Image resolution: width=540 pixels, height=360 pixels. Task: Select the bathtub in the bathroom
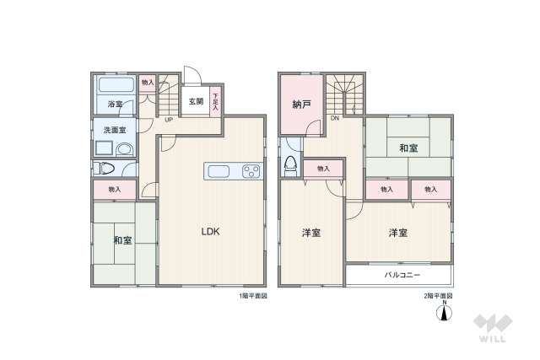pyautogui.click(x=116, y=87)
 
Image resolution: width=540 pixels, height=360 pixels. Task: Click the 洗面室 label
pyautogui.click(x=115, y=130)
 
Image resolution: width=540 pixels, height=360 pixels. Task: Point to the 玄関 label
pyautogui.click(x=196, y=101)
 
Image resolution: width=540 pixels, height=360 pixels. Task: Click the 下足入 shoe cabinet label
pyautogui.click(x=215, y=102)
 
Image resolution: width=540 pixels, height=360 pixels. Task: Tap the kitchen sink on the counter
pyautogui.click(x=221, y=172)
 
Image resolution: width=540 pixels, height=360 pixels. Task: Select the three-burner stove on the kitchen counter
pyautogui.click(x=250, y=172)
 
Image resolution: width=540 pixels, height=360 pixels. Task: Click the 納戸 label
pyautogui.click(x=301, y=106)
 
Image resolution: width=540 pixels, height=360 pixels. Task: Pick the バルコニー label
pyautogui.click(x=402, y=276)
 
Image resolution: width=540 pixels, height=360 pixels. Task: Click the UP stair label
pyautogui.click(x=169, y=119)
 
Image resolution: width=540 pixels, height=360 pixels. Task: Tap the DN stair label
pyautogui.click(x=335, y=119)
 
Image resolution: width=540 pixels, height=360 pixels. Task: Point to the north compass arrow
pyautogui.click(x=444, y=314)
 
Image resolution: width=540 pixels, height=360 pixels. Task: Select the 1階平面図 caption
pyautogui.click(x=252, y=297)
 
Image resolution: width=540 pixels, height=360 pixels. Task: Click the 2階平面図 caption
pyautogui.click(x=438, y=297)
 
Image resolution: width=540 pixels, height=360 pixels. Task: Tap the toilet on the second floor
pyautogui.click(x=290, y=164)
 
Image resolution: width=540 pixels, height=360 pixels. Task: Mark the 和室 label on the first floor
pyautogui.click(x=122, y=240)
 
